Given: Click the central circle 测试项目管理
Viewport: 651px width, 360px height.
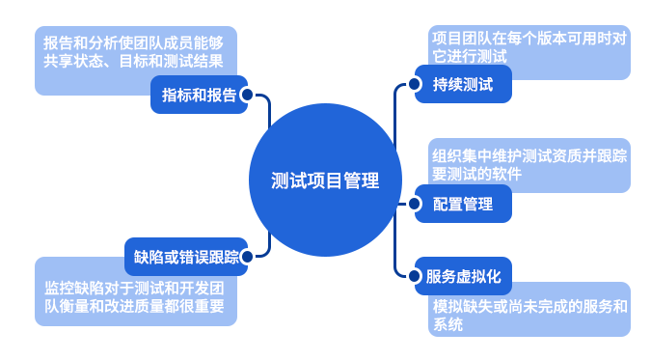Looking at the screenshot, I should click(x=325, y=180).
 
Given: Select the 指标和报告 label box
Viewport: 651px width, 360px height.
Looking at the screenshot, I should click(x=197, y=95).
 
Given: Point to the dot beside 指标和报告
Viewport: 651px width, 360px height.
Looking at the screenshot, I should click(x=247, y=95).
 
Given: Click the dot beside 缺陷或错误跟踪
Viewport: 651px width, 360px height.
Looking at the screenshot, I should click(x=247, y=257).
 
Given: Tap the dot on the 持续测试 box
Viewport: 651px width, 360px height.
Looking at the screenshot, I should click(x=416, y=84).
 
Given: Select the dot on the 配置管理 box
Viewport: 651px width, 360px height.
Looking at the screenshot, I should click(x=416, y=204).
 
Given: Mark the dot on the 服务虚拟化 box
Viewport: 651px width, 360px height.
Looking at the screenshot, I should click(x=416, y=275).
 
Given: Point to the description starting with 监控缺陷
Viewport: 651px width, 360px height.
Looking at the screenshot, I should click(x=134, y=296).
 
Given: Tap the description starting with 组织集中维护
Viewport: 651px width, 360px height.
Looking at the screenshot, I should click(x=529, y=164).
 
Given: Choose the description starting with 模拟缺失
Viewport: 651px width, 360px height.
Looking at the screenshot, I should click(x=529, y=316).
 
